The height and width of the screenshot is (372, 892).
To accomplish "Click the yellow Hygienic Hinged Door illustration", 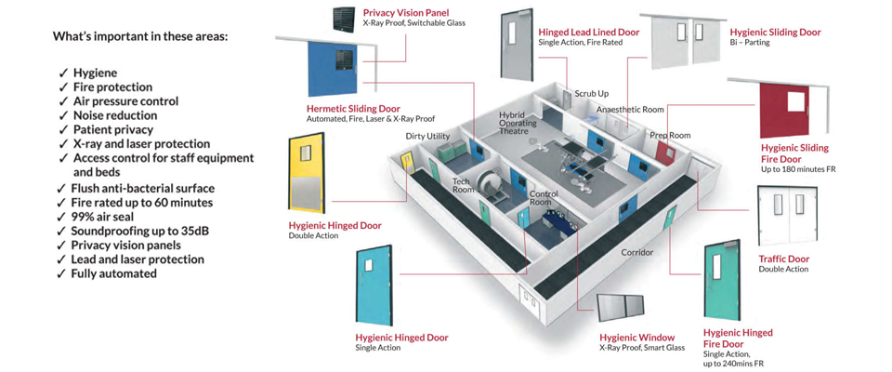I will coord(311,176).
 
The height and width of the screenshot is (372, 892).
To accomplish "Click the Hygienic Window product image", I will coord(620,311).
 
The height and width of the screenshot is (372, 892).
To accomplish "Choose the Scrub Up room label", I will coord(591,94).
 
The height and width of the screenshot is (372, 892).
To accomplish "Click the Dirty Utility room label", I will coord(427,137).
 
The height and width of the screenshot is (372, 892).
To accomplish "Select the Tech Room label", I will coord(463,185).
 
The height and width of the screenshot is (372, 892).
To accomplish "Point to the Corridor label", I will coord(637,252).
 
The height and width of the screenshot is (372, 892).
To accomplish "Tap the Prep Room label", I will coord(670,136).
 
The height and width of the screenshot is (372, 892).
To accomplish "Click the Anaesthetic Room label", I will coord(630,110).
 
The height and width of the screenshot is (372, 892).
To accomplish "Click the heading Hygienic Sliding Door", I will coord(775,33).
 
